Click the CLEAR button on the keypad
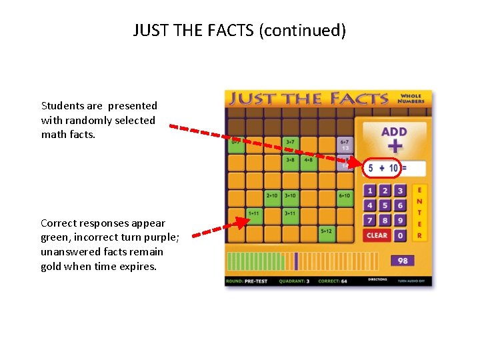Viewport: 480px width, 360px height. click(x=377, y=235)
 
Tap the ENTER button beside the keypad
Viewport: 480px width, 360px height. click(x=419, y=213)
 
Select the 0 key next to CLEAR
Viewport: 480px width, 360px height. click(x=400, y=235)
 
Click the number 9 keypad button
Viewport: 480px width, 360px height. click(x=400, y=220)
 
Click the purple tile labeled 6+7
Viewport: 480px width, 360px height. click(x=345, y=143)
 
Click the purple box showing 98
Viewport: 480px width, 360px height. click(x=402, y=260)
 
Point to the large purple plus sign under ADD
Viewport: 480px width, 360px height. click(x=395, y=147)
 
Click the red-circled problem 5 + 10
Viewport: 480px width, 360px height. click(x=382, y=168)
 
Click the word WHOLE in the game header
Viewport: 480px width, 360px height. click(x=411, y=95)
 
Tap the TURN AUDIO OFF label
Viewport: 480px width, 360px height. click(x=412, y=281)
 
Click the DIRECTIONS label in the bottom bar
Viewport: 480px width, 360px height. click(x=377, y=280)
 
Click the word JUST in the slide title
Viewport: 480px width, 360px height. click(x=149, y=30)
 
